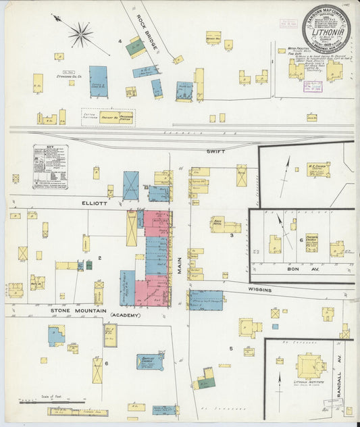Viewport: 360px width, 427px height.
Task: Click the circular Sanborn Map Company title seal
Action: click(326, 28)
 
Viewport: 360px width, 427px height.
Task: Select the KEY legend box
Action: click(51, 166)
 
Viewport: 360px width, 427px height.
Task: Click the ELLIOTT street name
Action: click(90, 201)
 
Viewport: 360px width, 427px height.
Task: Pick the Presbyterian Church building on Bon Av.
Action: click(311, 242)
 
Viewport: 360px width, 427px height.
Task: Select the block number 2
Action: click(99, 258)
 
